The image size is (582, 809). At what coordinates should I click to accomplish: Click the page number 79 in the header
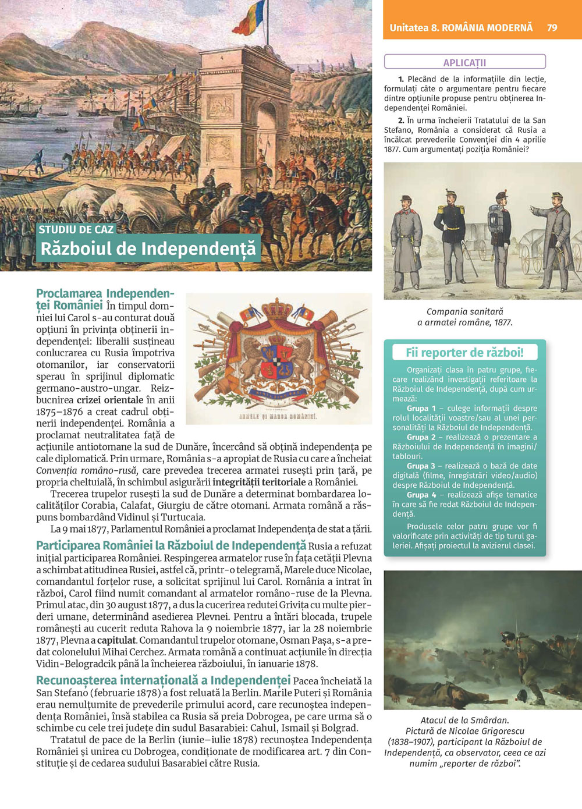[552, 27]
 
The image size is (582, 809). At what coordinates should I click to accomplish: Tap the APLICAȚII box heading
[464, 62]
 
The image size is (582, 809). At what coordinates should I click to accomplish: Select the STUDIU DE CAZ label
[76, 229]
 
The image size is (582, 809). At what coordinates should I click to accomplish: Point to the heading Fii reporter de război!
[464, 352]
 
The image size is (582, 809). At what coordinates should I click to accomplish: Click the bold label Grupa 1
[421, 409]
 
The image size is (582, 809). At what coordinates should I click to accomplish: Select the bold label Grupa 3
[421, 466]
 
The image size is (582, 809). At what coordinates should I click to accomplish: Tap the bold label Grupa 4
[421, 495]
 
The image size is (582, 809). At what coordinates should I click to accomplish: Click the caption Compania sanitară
[464, 311]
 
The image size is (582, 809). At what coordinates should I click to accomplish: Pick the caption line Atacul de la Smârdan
[464, 720]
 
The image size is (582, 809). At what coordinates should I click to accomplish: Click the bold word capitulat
[116, 640]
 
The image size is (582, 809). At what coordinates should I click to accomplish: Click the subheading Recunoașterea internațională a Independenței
[163, 680]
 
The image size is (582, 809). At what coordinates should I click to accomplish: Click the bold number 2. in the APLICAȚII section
[402, 120]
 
